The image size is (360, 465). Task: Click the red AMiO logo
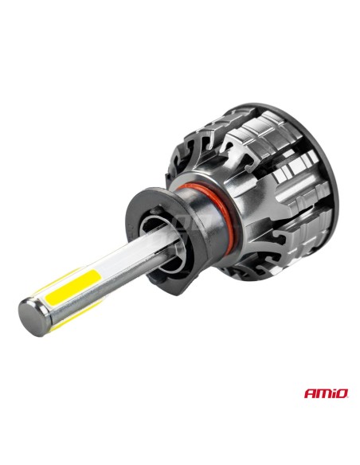tap(326, 393)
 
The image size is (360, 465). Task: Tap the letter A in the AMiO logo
tap(309, 394)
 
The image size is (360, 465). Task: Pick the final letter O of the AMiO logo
tap(342, 394)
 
